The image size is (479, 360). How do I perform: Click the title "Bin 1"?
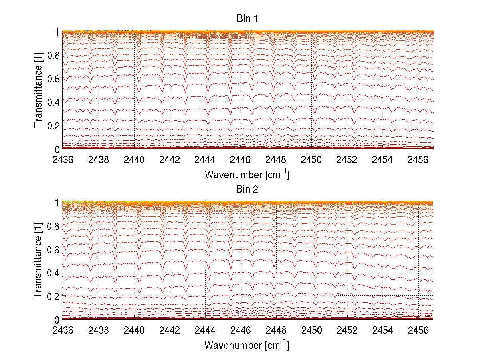[247, 19]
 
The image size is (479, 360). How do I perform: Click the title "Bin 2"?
[247, 189]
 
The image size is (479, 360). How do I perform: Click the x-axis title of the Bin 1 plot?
[247, 174]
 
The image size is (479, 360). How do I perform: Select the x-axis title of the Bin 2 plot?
[247, 345]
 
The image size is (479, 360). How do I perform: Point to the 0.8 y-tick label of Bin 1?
[53, 55]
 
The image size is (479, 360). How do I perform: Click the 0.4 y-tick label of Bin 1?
[53, 101]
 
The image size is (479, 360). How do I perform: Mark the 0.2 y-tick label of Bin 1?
[53, 125]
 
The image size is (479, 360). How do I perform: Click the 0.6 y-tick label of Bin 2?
[53, 249]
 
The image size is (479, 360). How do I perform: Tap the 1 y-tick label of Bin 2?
[57, 202]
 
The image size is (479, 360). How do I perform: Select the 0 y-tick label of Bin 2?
[57, 320]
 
